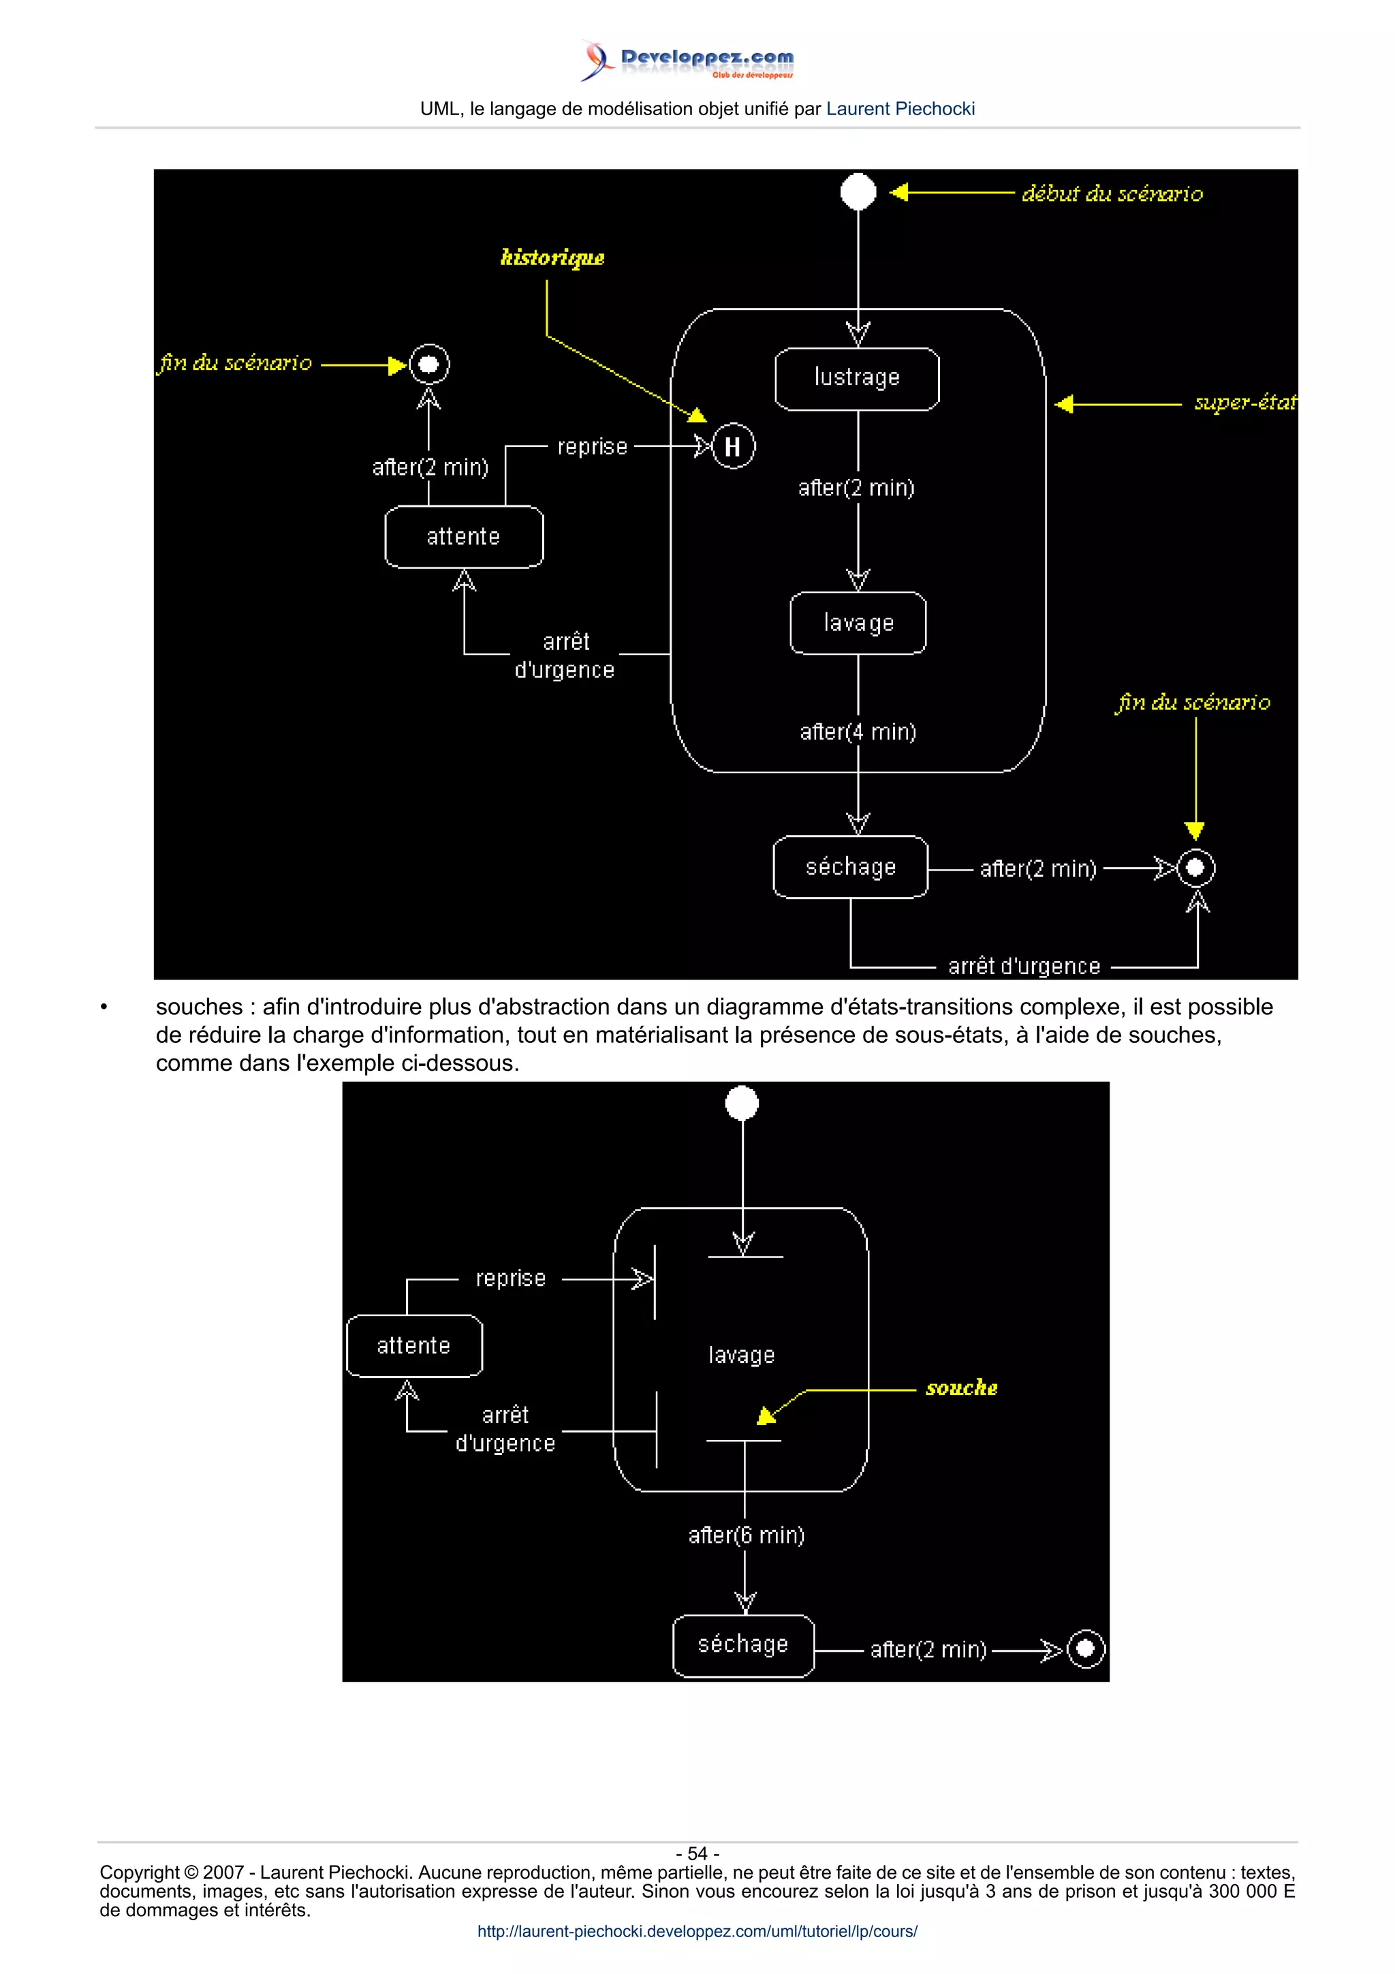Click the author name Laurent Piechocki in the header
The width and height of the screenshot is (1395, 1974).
click(900, 109)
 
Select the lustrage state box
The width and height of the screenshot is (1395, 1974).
click(856, 378)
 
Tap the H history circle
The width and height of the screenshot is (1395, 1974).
click(732, 446)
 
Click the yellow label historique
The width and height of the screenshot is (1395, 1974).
click(552, 257)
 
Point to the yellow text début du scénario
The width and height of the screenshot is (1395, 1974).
click(1112, 193)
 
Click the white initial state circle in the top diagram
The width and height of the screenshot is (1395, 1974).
click(857, 191)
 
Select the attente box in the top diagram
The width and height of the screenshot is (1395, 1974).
click(463, 537)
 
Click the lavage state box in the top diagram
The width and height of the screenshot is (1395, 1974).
click(858, 623)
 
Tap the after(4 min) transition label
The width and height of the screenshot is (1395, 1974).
click(857, 732)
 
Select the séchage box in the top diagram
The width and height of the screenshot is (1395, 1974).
click(850, 866)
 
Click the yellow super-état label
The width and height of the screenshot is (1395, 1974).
click(1244, 403)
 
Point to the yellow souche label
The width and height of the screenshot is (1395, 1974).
click(961, 1388)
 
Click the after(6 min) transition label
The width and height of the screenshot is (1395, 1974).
click(745, 1535)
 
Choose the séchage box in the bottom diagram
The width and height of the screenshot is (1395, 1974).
click(742, 1645)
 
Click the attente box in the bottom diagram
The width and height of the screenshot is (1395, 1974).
click(413, 1345)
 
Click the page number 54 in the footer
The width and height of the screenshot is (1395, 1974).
click(697, 1853)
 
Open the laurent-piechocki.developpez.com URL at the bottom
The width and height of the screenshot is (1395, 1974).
click(697, 1931)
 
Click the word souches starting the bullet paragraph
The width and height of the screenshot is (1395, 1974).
click(198, 1007)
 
